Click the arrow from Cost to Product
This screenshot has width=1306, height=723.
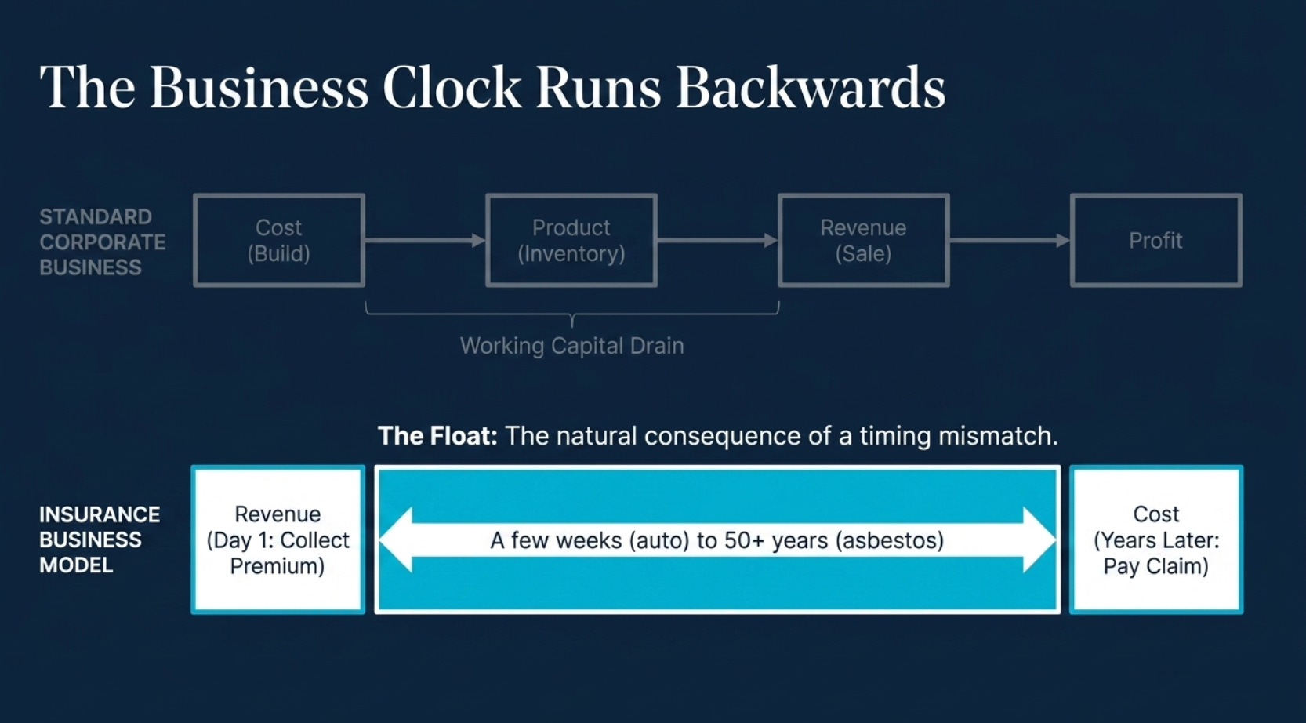(x=425, y=240)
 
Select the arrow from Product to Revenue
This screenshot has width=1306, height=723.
(x=718, y=240)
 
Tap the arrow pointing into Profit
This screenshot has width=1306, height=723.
(x=1010, y=240)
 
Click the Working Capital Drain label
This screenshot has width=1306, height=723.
(x=572, y=346)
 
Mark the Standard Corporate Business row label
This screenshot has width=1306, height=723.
(x=103, y=242)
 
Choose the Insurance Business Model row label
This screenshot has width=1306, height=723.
(x=100, y=540)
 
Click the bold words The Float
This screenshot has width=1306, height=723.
(x=437, y=435)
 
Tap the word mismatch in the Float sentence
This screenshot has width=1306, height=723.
(x=998, y=435)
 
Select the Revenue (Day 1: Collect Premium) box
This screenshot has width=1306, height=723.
(x=278, y=540)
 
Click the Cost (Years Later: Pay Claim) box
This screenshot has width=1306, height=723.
(x=1156, y=540)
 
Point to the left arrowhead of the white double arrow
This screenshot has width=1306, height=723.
(x=397, y=540)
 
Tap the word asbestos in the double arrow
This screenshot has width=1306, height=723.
(x=890, y=540)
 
